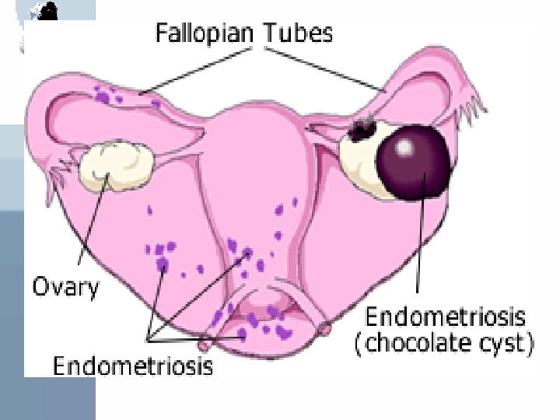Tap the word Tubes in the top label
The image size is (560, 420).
point(298,33)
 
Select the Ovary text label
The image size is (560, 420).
point(65,287)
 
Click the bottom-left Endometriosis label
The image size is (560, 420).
point(132,365)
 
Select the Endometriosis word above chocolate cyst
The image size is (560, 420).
point(445,317)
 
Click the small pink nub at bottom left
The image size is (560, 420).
point(205,341)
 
